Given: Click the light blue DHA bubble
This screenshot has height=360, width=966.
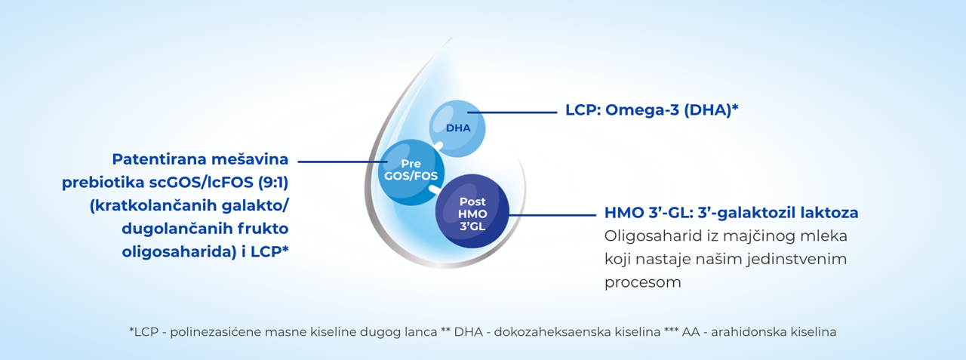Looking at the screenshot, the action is click(457, 128).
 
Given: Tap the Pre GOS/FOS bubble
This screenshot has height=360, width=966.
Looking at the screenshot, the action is click(411, 172).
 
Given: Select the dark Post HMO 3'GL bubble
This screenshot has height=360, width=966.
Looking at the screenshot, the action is click(472, 211).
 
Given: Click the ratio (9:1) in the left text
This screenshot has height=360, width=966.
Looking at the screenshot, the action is click(273, 183).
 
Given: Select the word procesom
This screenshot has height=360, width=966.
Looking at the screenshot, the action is click(642, 283).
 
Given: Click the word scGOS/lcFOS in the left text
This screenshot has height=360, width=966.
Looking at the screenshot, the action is click(202, 183).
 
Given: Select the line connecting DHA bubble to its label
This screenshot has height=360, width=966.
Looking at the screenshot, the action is click(512, 112).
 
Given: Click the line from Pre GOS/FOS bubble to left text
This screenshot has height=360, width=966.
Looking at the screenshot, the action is click(343, 162).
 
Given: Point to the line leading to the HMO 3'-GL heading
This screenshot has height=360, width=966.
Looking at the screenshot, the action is click(552, 214).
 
